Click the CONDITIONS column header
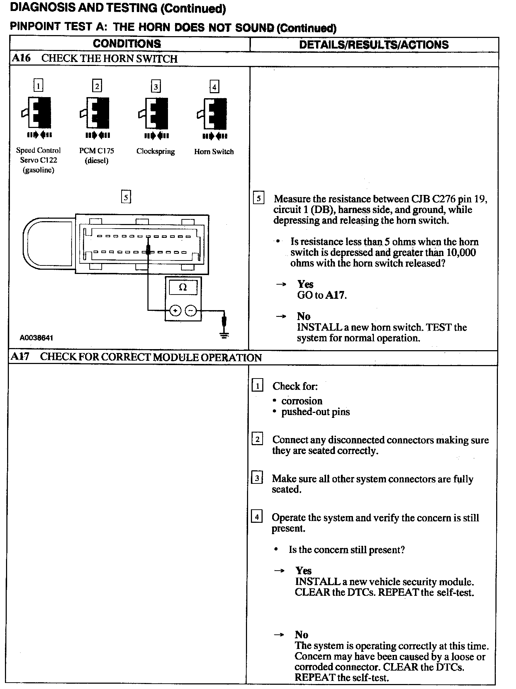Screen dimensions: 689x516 pos(127,44)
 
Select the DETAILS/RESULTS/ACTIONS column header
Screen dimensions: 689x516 pos(374,45)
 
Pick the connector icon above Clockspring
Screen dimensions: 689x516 pos(155,113)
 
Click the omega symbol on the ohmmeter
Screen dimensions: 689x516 pos(183,287)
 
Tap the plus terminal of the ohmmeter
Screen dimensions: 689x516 pos(175,311)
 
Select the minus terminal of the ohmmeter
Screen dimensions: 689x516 pos(191,311)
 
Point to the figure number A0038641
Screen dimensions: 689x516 pos(36,338)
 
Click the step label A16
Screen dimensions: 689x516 pos(21,58)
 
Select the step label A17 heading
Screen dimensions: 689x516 pos(19,357)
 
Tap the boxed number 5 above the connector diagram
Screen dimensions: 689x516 pos(126,197)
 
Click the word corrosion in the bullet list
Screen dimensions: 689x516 pos(302,401)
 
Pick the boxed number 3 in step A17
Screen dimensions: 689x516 pos(257,478)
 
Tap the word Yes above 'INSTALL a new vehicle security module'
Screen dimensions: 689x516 pos(304,571)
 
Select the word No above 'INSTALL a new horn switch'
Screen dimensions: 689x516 pos(304,317)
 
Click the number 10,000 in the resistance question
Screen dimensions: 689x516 pos(461,252)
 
